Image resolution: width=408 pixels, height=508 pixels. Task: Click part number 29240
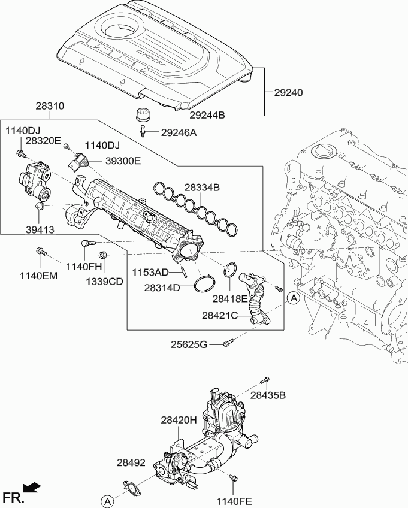point(288,93)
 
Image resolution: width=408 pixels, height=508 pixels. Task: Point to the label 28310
point(50,106)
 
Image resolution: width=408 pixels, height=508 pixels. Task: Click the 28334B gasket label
point(202,188)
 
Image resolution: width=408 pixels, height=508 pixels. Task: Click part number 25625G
point(188,344)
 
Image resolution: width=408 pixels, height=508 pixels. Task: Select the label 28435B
point(268,395)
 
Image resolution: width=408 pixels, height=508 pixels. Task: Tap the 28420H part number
point(179,421)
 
